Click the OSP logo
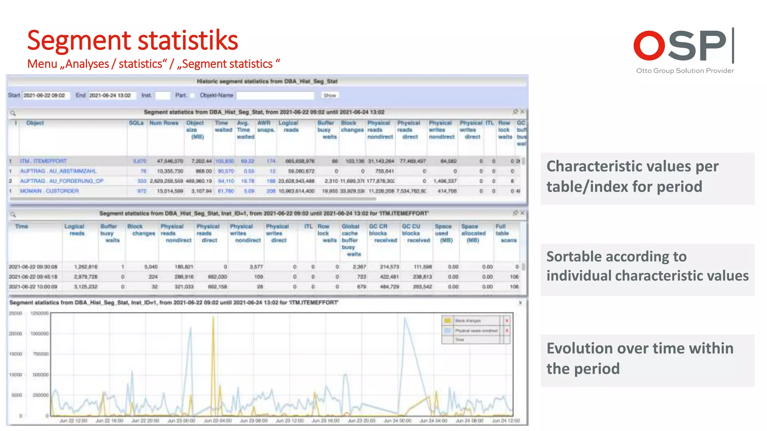pyautogui.click(x=683, y=46)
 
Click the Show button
pyautogui.click(x=330, y=95)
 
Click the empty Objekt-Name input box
pyautogui.click(x=275, y=95)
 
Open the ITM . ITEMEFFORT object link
pyautogui.click(x=43, y=161)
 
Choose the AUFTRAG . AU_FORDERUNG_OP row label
pyautogui.click(x=61, y=181)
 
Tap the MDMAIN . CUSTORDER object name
pyautogui.click(x=49, y=191)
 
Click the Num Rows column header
pyautogui.click(x=164, y=123)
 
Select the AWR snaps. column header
pyautogui.click(x=266, y=126)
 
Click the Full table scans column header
pyautogui.click(x=506, y=233)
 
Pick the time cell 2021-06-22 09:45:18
pyautogui.click(x=33, y=277)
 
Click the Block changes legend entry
pyautogui.click(x=468, y=321)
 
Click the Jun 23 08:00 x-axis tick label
pyautogui.click(x=254, y=421)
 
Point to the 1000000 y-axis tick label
pyautogui.click(x=39, y=334)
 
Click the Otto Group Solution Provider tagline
pyautogui.click(x=685, y=71)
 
